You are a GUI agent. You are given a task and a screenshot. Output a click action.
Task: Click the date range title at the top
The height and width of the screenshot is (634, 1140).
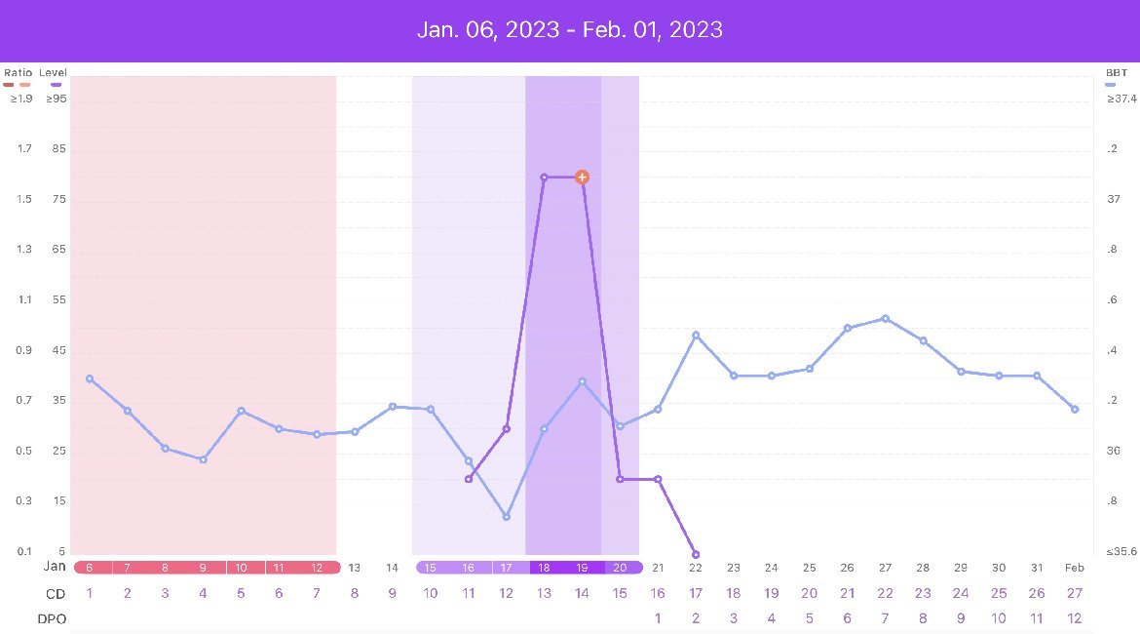pyautogui.click(x=570, y=29)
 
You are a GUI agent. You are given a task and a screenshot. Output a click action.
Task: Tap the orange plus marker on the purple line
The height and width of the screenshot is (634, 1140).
pyautogui.click(x=582, y=177)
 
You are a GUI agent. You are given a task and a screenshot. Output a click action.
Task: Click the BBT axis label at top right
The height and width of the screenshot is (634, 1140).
pyautogui.click(x=1117, y=73)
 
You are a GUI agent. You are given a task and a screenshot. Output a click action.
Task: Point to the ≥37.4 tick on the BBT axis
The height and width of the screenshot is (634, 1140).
pyautogui.click(x=1121, y=99)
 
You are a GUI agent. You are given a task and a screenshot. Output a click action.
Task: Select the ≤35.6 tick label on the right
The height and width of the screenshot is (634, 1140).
pyautogui.click(x=1120, y=551)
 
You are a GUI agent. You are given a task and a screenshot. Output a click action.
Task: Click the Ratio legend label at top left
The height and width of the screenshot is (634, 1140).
pyautogui.click(x=18, y=73)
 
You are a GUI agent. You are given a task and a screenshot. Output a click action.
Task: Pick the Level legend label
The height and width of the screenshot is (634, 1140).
pyautogui.click(x=53, y=73)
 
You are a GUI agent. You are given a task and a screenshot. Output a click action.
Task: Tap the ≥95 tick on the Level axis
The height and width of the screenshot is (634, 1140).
pyautogui.click(x=56, y=99)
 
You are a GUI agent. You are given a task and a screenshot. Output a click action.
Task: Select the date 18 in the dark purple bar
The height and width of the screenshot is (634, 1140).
pyautogui.click(x=544, y=568)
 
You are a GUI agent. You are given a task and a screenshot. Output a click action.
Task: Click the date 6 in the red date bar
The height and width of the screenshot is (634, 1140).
pyautogui.click(x=90, y=568)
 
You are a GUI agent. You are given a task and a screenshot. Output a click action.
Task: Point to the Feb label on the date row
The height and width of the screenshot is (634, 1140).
pyautogui.click(x=1075, y=568)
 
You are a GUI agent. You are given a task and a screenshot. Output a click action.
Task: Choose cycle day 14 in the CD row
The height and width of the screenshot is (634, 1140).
pyautogui.click(x=582, y=593)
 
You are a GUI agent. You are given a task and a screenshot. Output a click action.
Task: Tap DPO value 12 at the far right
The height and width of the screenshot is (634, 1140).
pyautogui.click(x=1075, y=618)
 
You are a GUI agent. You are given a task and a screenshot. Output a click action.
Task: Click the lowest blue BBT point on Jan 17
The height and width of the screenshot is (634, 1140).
pyautogui.click(x=507, y=516)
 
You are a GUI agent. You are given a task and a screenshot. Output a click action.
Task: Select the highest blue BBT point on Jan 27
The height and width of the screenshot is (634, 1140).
pyautogui.click(x=885, y=318)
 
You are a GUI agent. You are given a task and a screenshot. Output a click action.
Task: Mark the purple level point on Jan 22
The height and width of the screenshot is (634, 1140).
pyautogui.click(x=696, y=554)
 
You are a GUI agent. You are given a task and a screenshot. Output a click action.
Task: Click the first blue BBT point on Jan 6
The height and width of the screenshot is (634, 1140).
pyautogui.click(x=90, y=378)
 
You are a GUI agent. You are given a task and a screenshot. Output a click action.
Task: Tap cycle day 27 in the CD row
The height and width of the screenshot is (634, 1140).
pyautogui.click(x=1075, y=593)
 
